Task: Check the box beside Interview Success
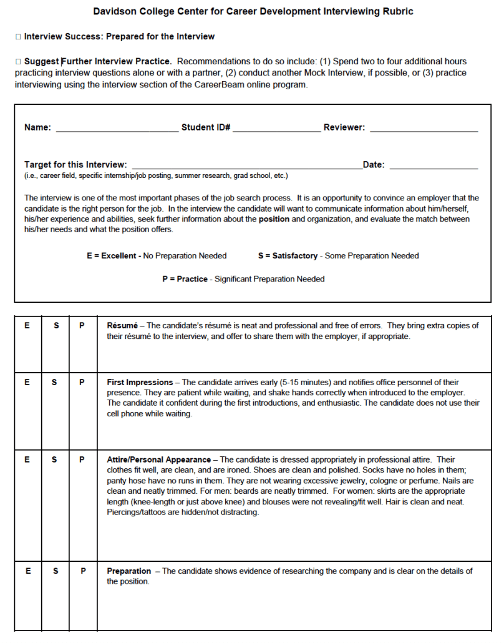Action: [18, 37]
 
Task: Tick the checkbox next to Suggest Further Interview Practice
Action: [18, 62]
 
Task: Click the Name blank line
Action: [117, 130]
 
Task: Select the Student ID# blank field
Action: [276, 130]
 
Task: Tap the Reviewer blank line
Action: [424, 130]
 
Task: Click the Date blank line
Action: [434, 167]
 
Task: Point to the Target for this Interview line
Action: [246, 167]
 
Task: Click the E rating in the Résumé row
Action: [27, 326]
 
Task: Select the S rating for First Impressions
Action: [56, 382]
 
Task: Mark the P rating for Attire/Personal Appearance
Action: [82, 459]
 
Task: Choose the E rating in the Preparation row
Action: [27, 571]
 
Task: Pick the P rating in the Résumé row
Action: [82, 326]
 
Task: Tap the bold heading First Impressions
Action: [140, 382]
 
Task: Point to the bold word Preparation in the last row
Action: [128, 571]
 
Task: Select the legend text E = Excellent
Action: [114, 256]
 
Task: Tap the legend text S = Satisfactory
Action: [288, 256]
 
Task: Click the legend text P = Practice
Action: [185, 279]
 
